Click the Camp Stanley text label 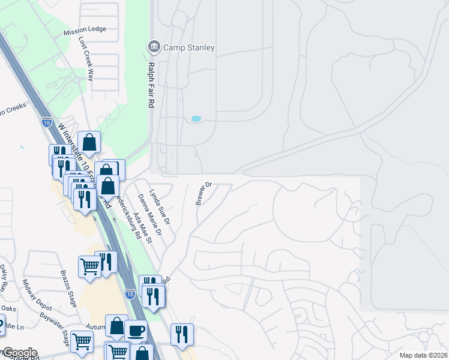point(187,47)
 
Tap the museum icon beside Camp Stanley point(153,47)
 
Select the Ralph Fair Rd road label point(151,85)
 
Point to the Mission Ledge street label point(85,29)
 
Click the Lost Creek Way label point(87,59)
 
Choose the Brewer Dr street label point(204,193)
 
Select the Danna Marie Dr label point(150,214)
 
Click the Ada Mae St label point(143,227)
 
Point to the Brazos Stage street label point(68,288)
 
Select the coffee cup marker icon point(136,331)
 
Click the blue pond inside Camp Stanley point(196,119)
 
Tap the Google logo point(19,353)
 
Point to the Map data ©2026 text point(423,355)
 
